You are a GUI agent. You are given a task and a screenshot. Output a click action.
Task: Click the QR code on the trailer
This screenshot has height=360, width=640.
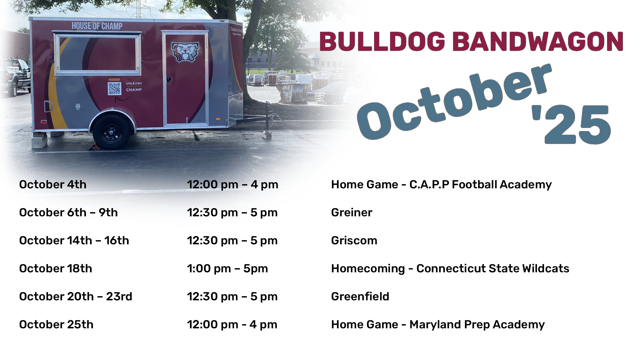tap(114, 88)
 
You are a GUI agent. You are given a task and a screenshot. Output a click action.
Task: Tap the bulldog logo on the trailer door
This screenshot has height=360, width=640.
tap(185, 51)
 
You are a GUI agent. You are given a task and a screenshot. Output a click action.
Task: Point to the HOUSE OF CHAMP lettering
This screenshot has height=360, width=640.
tap(97, 26)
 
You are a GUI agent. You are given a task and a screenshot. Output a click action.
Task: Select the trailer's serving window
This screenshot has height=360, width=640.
tap(98, 53)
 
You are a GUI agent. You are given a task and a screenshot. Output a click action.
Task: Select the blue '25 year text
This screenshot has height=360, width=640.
tap(571, 124)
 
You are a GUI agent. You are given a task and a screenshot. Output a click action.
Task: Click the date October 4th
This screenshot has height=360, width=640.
tap(53, 184)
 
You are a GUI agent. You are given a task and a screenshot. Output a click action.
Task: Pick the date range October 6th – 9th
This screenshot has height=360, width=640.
tap(68, 212)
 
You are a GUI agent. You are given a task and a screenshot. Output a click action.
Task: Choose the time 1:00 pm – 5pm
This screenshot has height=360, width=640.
tap(227, 269)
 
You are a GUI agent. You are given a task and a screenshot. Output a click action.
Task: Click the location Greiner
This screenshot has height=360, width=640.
tap(352, 212)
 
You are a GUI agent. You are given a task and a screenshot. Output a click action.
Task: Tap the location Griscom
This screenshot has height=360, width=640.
tap(354, 240)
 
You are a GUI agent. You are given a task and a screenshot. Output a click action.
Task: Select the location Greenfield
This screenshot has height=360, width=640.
tap(360, 296)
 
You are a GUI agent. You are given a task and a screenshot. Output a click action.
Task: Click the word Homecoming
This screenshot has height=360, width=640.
tap(368, 269)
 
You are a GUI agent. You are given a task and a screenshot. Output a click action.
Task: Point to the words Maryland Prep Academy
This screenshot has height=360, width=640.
tap(477, 325)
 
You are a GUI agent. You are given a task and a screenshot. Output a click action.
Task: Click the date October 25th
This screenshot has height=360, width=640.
tap(56, 324)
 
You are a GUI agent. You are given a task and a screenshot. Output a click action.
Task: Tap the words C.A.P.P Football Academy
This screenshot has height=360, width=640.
tap(481, 185)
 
